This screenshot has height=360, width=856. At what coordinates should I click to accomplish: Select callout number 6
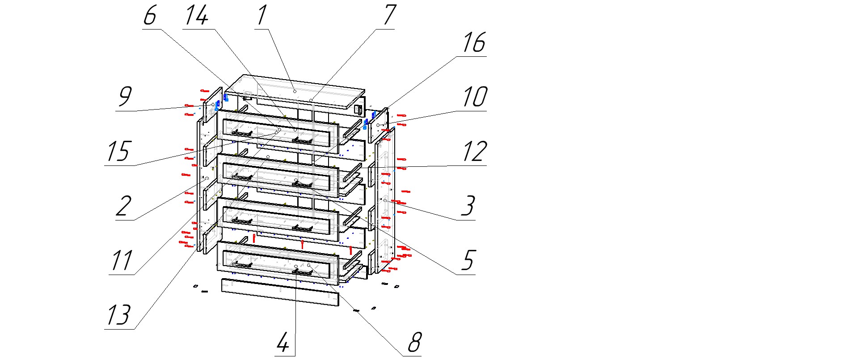pyautogui.click(x=150, y=16)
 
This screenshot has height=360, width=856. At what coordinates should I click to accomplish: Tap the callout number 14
pyautogui.click(x=197, y=16)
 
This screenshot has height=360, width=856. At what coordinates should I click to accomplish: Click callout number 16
pyautogui.click(x=473, y=43)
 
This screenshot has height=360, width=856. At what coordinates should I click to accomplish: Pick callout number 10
pyautogui.click(x=474, y=97)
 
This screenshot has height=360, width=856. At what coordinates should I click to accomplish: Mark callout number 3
pyautogui.click(x=468, y=206)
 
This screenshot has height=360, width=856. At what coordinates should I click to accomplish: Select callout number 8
pyautogui.click(x=414, y=343)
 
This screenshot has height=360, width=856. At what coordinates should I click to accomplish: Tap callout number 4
pyautogui.click(x=283, y=343)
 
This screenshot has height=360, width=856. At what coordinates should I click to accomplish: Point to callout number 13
pyautogui.click(x=118, y=315)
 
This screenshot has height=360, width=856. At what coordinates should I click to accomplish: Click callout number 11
pyautogui.click(x=121, y=261)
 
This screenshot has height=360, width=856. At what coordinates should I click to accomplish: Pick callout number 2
pyautogui.click(x=124, y=206)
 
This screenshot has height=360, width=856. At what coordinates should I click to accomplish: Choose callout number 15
pyautogui.click(x=118, y=152)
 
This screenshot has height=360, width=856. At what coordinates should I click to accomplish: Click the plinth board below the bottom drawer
pyautogui.click(x=280, y=292)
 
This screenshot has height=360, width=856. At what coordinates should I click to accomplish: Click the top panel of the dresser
pyautogui.click(x=295, y=92)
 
